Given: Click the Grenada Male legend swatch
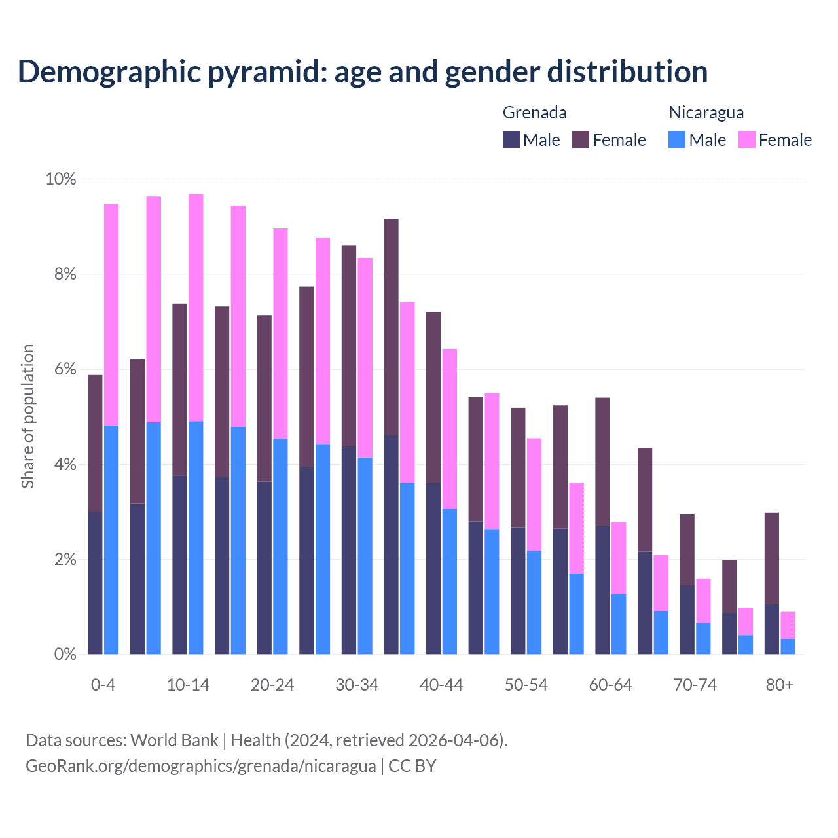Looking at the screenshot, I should (x=511, y=139).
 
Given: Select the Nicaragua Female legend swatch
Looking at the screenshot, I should (x=746, y=139).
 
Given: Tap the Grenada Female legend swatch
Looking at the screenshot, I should (x=581, y=139).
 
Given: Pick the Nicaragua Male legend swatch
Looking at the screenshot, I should (x=677, y=139).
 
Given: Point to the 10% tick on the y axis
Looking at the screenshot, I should (x=60, y=179).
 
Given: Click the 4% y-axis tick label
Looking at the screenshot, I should (x=65, y=465).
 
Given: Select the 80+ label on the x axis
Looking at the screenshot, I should (x=779, y=685).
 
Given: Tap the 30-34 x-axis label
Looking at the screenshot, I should (x=357, y=685).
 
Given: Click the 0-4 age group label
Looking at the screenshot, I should (x=103, y=685).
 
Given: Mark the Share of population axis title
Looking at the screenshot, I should (x=27, y=416).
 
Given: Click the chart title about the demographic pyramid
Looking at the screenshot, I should (x=363, y=71).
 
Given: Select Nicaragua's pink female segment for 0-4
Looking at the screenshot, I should (x=111, y=314).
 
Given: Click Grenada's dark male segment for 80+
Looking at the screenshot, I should (x=772, y=628).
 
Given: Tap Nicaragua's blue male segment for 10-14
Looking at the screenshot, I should (x=196, y=537).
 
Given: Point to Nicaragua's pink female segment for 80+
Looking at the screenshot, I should (x=788, y=625).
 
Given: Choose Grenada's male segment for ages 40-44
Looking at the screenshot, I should (x=433, y=568).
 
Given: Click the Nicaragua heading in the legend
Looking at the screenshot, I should (x=706, y=113).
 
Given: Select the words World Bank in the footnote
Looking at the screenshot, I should (x=174, y=740).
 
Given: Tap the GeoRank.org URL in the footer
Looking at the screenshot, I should (x=201, y=766).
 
